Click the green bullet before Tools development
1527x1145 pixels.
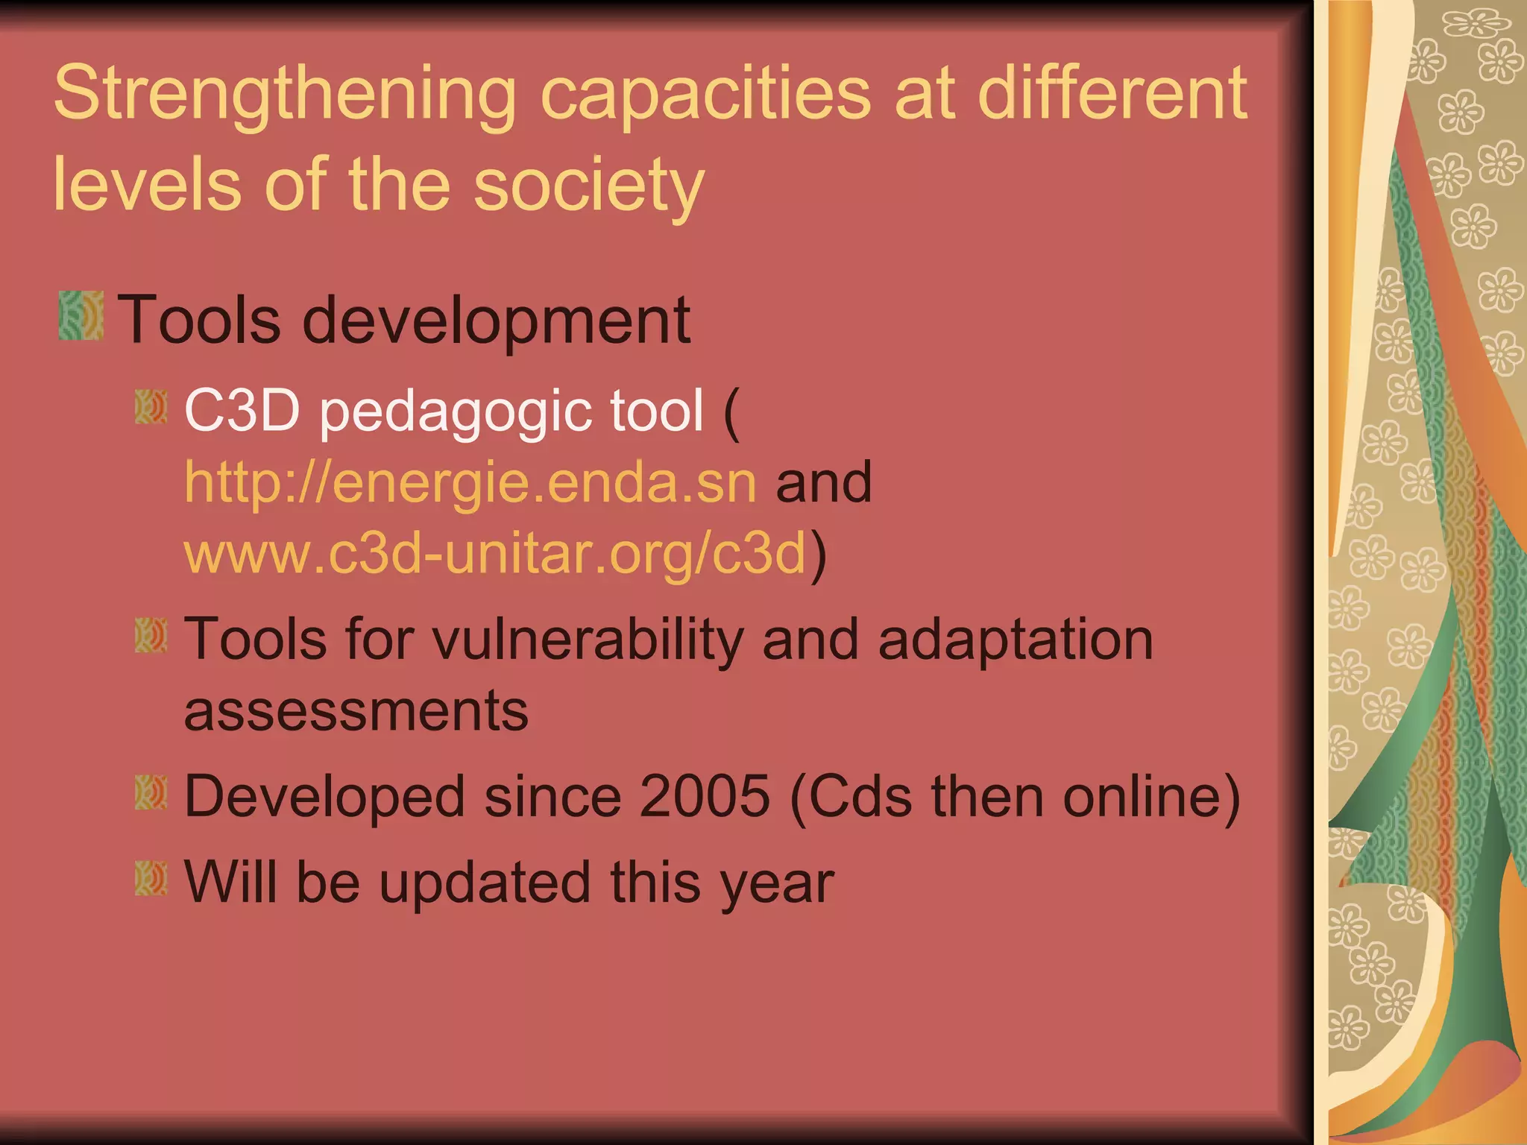pos(81,316)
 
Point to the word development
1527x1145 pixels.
pos(496,321)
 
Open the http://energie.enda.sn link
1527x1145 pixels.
pos(470,482)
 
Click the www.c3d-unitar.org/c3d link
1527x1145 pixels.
pos(495,553)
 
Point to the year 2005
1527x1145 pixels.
pos(705,796)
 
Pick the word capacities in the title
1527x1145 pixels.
pos(705,95)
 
